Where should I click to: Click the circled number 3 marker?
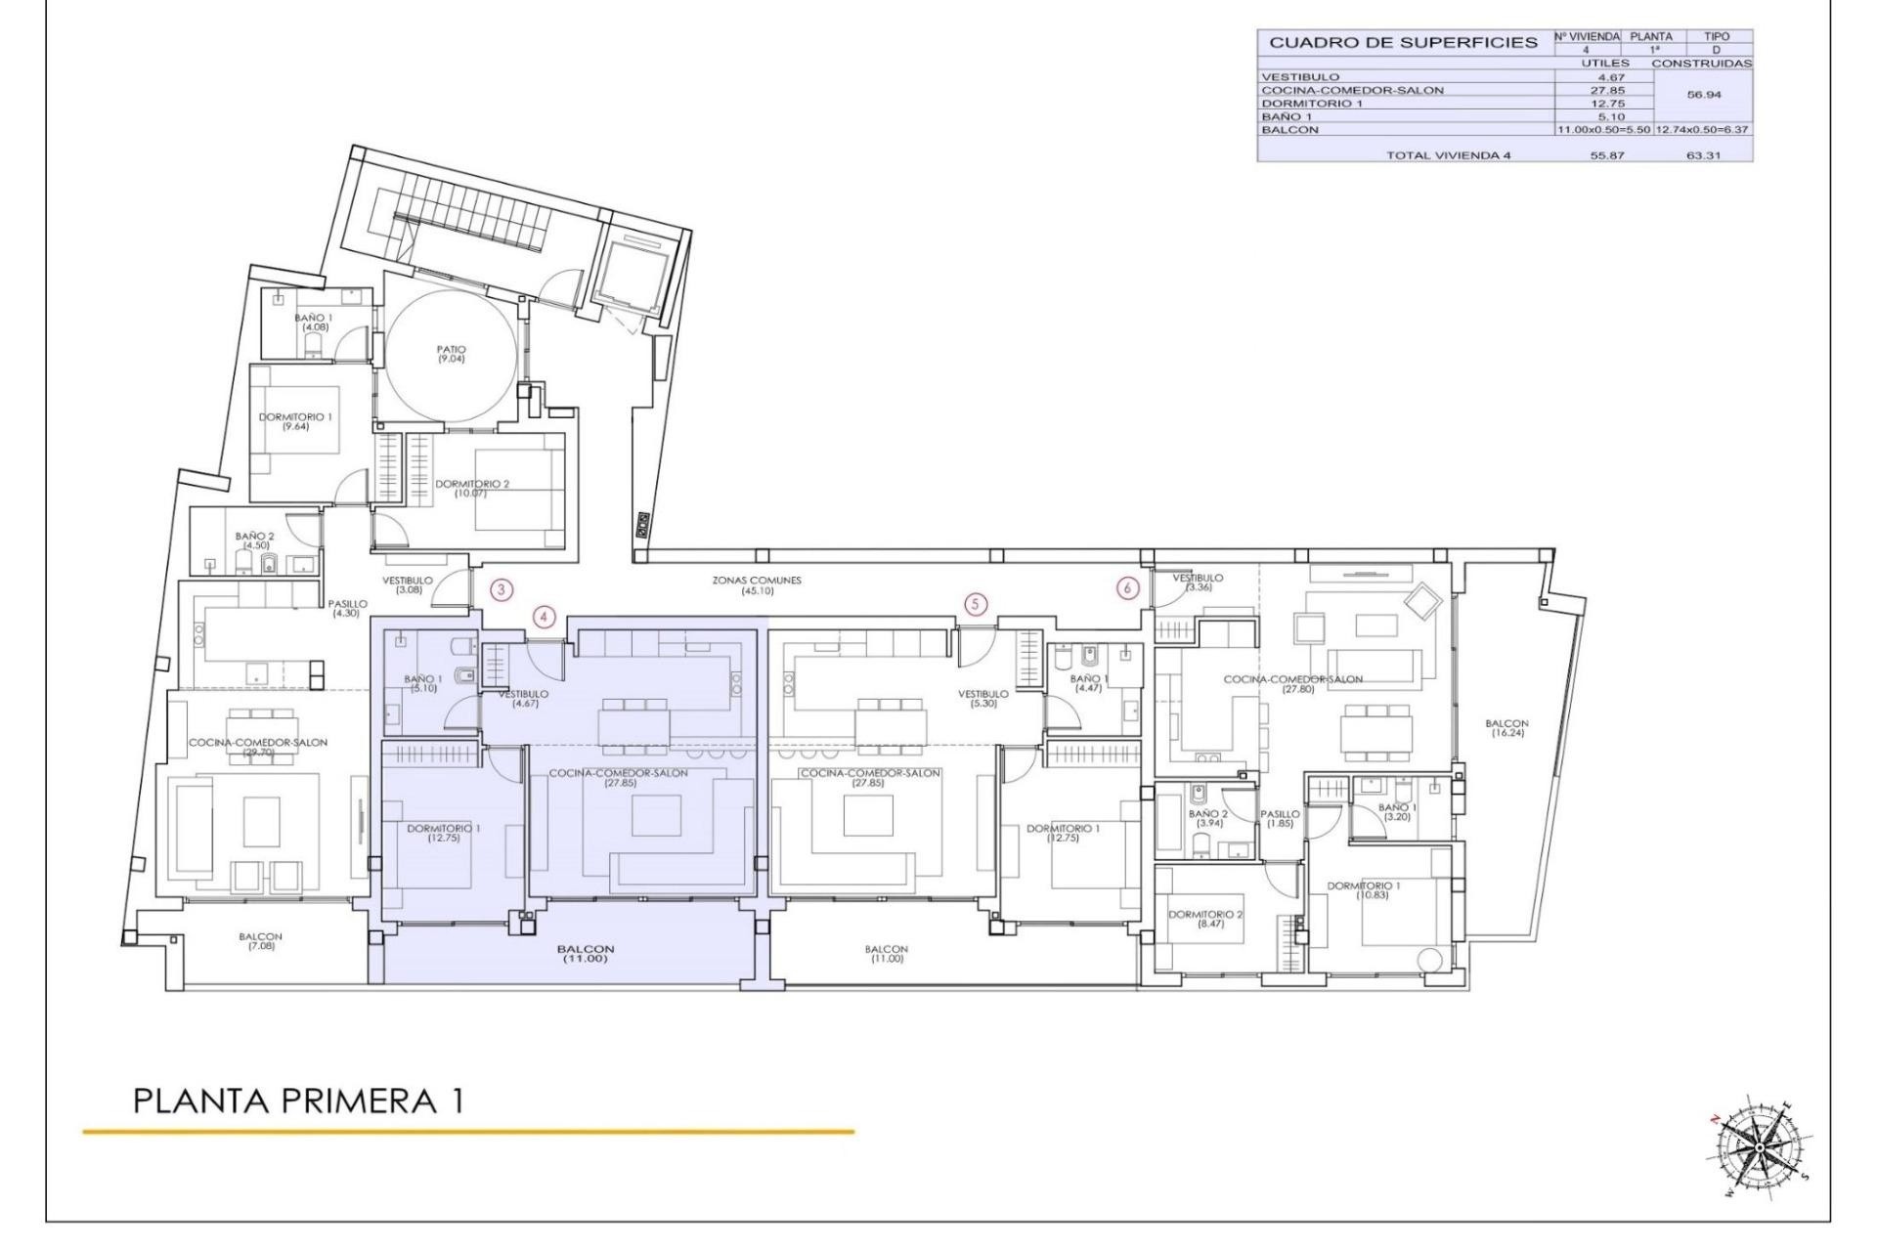pos(501,589)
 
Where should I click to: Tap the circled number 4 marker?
pos(545,617)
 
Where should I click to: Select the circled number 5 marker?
pos(975,604)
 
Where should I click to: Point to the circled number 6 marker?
pos(1128,588)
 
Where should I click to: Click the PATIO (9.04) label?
pos(452,354)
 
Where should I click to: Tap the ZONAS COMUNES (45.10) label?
pos(757,585)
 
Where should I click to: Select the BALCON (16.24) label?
pos(1506,728)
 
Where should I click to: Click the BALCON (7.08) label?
pos(260,941)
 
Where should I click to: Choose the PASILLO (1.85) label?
pos(1280,819)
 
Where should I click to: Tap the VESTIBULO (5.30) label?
pos(982,698)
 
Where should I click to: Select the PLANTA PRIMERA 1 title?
pos(298,1101)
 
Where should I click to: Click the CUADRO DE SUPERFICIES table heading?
pos(1403,43)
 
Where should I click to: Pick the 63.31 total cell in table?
pos(1703,155)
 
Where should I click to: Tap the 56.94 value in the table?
pos(1703,96)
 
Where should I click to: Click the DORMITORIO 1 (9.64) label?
pos(295,421)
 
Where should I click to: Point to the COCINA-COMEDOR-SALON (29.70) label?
pos(258,748)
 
